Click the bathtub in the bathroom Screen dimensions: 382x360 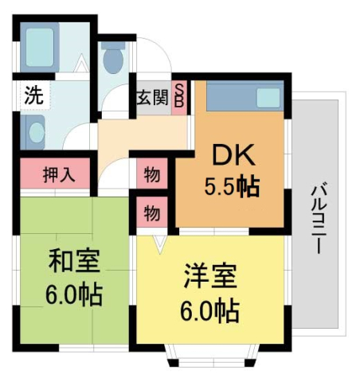pyautogui.click(x=37, y=49)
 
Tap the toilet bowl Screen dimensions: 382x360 pyautogui.click(x=114, y=58)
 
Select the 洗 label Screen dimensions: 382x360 pyautogui.click(x=33, y=95)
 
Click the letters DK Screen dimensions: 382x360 pyautogui.click(x=232, y=153)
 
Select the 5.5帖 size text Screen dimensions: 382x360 pyautogui.click(x=231, y=188)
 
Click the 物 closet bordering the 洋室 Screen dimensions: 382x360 pyautogui.click(x=151, y=213)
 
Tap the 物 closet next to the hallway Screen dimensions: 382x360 pyautogui.click(x=151, y=173)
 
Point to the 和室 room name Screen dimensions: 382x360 pyautogui.click(x=74, y=260)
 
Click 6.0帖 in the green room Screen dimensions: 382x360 pyautogui.click(x=73, y=295)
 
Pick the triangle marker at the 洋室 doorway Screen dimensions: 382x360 pyautogui.click(x=160, y=242)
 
